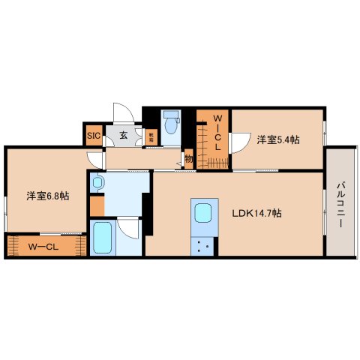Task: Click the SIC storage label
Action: pyautogui.click(x=94, y=136)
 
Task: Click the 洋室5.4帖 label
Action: pyautogui.click(x=278, y=139)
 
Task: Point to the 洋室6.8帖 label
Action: pyautogui.click(x=48, y=196)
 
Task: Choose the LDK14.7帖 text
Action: pyautogui.click(x=256, y=212)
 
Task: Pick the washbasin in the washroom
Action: pyautogui.click(x=98, y=183)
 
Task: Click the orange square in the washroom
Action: pyautogui.click(x=97, y=204)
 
